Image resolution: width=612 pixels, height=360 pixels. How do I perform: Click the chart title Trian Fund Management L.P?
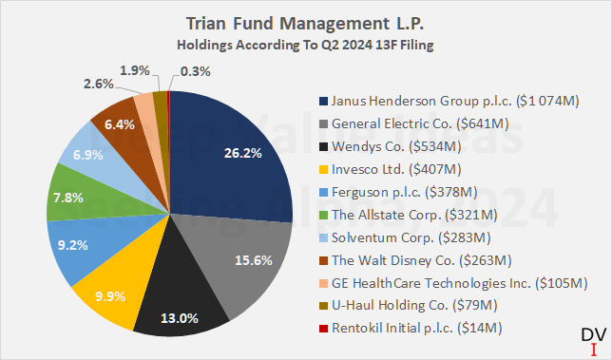[306, 22]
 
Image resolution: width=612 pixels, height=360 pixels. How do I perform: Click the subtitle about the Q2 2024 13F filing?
[306, 44]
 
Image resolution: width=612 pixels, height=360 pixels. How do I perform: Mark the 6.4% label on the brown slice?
[118, 123]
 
